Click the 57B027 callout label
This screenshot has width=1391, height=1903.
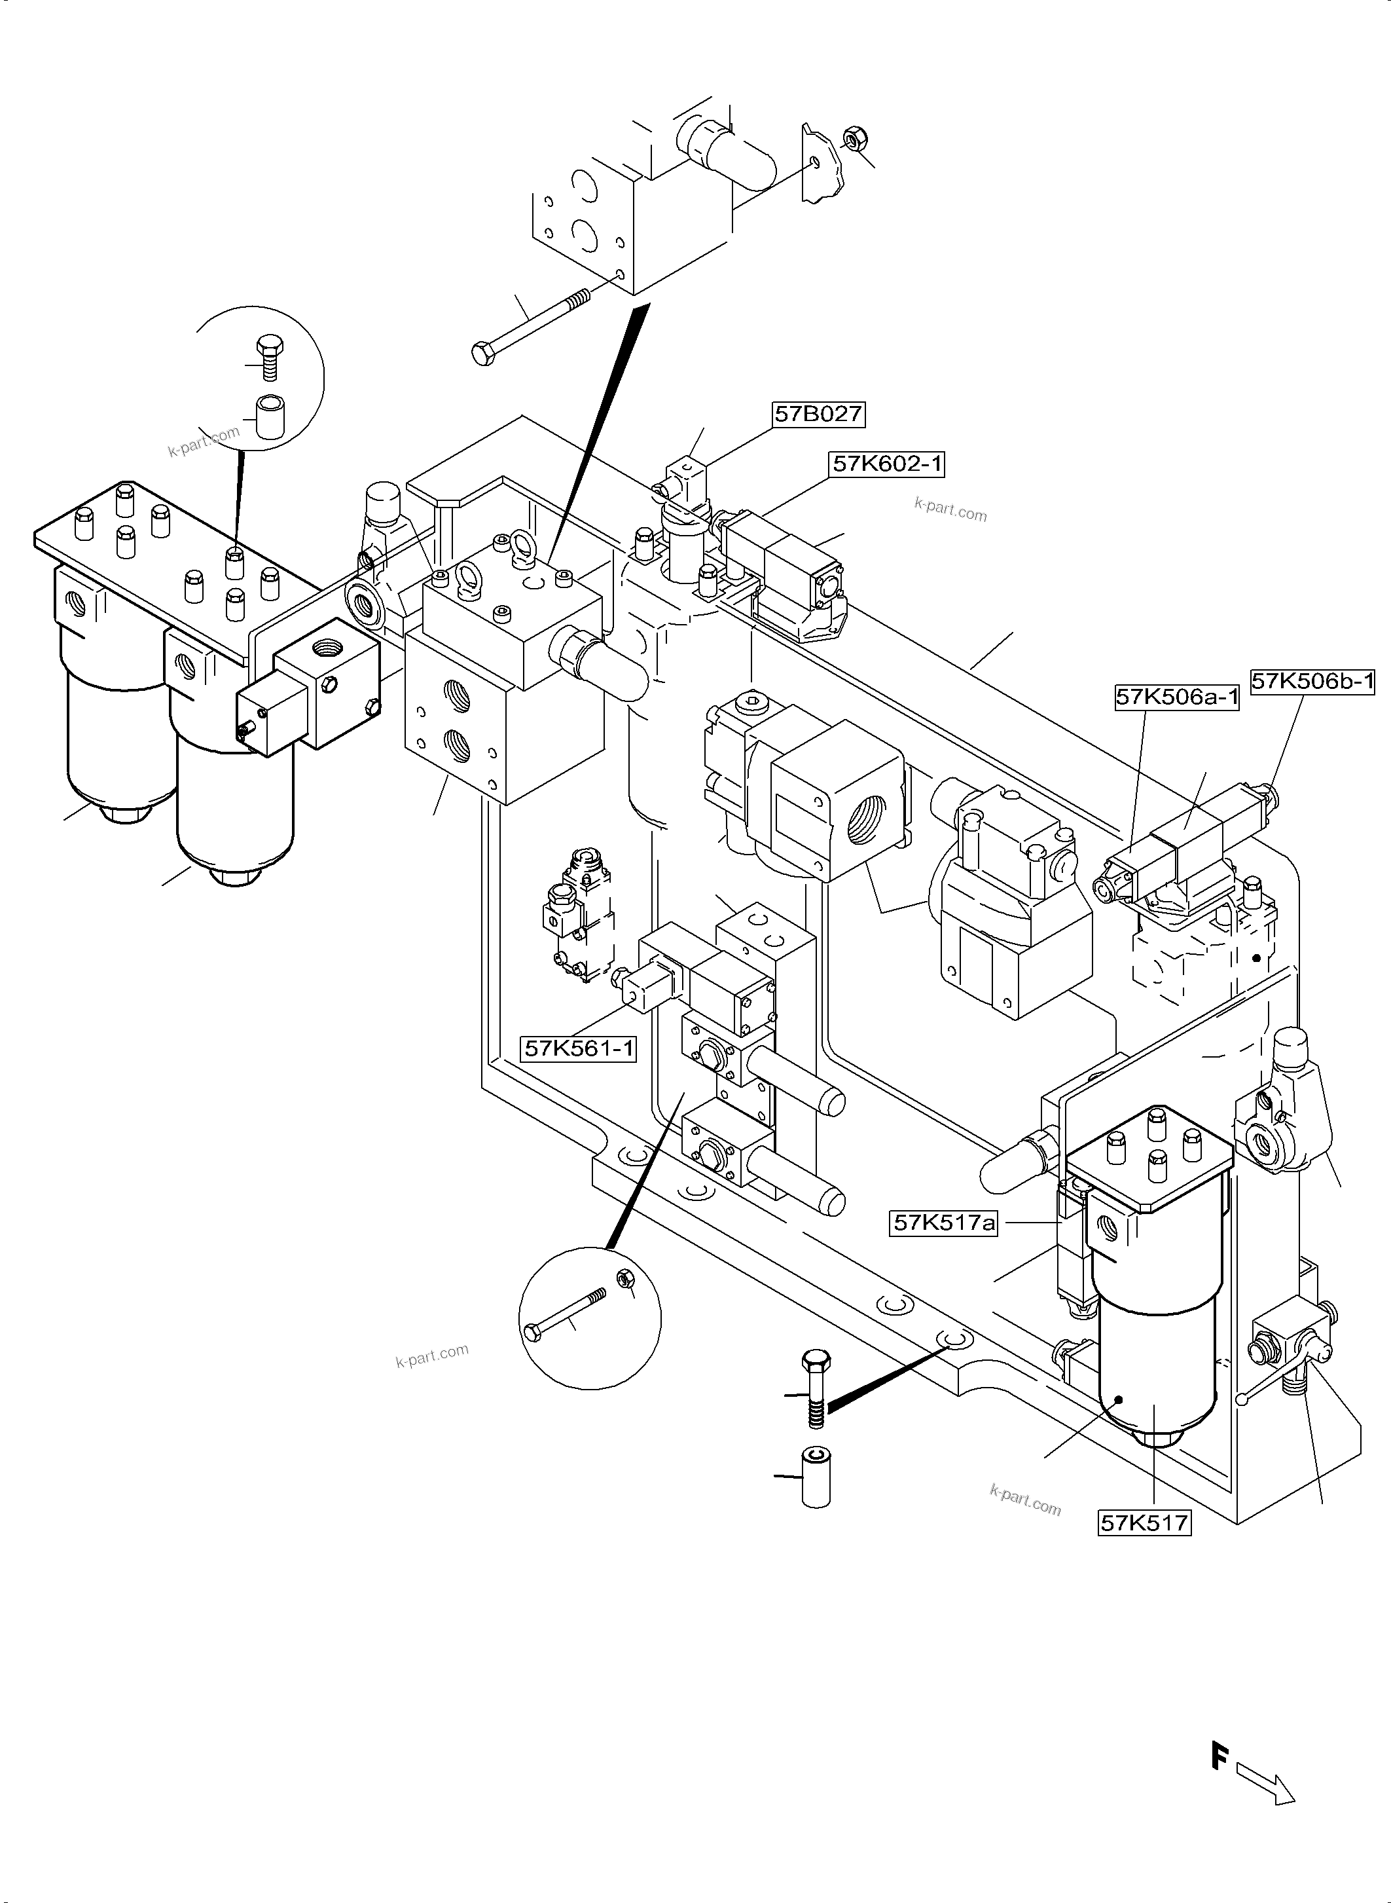818,414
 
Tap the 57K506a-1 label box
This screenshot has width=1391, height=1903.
1176,697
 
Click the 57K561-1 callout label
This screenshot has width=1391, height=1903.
579,1049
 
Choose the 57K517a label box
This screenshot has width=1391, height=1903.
944,1223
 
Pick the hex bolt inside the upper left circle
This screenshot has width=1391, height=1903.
268,356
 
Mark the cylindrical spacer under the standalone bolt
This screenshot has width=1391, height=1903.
815,1477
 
